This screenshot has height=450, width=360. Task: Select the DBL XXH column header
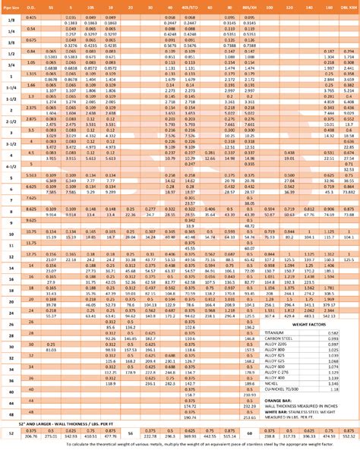point(349,5)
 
